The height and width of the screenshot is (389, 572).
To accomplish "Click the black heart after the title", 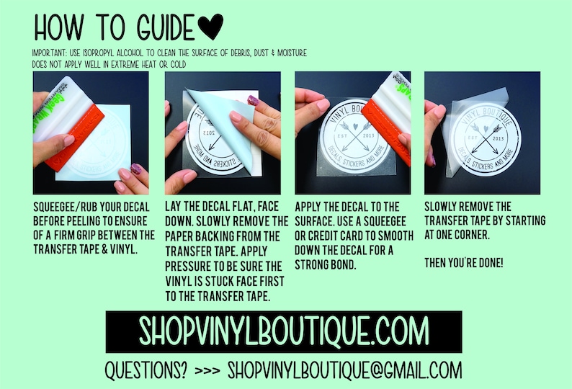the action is [211, 26].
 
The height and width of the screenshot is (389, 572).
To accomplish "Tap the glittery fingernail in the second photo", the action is [253, 100].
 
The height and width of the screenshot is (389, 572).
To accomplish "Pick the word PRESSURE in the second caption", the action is [188, 267].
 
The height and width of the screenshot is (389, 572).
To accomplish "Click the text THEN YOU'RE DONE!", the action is [464, 263].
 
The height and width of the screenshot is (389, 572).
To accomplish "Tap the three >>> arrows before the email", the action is [207, 371].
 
